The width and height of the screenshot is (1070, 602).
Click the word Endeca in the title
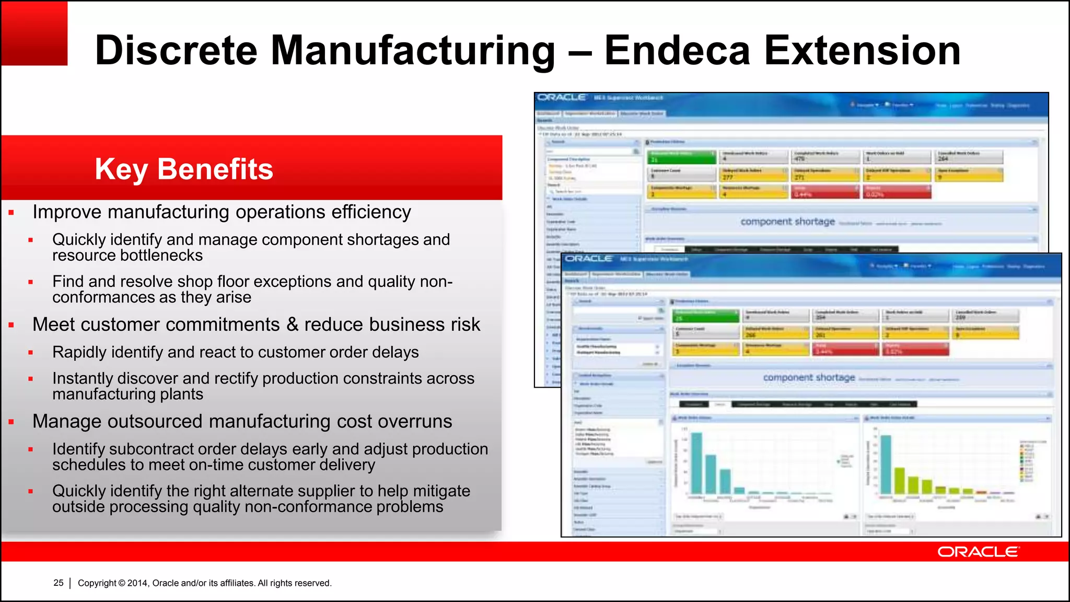click(678, 51)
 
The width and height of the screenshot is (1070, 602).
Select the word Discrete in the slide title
click(176, 51)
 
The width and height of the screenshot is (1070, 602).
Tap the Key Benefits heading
click(184, 169)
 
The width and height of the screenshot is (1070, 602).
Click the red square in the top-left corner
click(34, 33)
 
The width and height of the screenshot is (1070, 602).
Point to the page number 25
click(59, 583)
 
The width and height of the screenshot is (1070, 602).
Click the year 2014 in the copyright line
click(138, 583)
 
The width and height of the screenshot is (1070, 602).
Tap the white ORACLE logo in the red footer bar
click(978, 552)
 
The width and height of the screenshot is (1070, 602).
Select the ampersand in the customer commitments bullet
click(292, 325)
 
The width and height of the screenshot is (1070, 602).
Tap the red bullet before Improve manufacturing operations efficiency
click(11, 213)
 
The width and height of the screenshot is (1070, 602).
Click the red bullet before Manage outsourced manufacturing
click(11, 422)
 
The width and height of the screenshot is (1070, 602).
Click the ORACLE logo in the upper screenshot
click(562, 97)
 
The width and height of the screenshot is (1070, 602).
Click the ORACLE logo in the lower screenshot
click(588, 259)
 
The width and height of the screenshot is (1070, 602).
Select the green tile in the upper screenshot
click(681, 157)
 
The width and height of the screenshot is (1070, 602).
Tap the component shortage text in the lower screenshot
click(809, 377)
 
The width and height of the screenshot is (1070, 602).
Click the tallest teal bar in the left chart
click(696, 463)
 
